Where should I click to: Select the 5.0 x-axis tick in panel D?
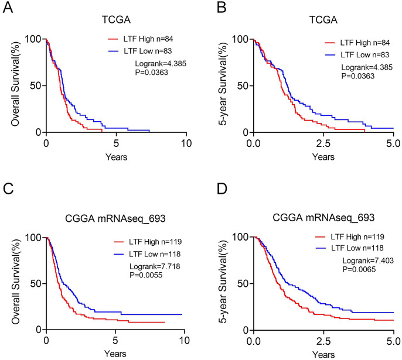pos(393,340)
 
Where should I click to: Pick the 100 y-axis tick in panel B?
pos(240,40)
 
